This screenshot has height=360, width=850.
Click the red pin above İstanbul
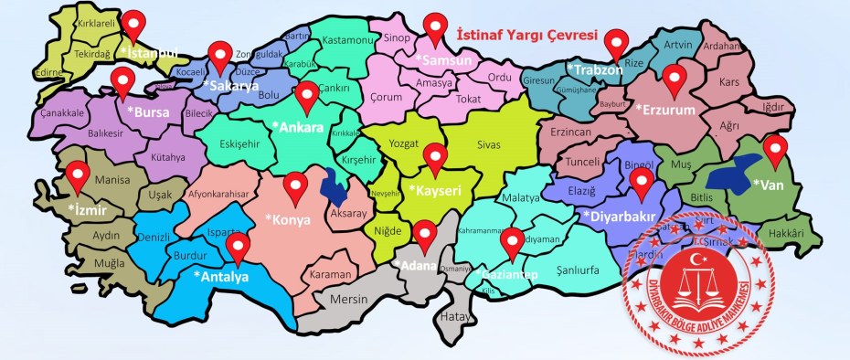[134, 25]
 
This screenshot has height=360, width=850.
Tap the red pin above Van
[775, 149]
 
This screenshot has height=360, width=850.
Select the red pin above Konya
[294, 186]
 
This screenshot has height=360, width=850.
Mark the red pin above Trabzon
[618, 42]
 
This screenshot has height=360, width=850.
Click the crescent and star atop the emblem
[700, 260]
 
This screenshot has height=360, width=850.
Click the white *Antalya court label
[221, 277]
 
